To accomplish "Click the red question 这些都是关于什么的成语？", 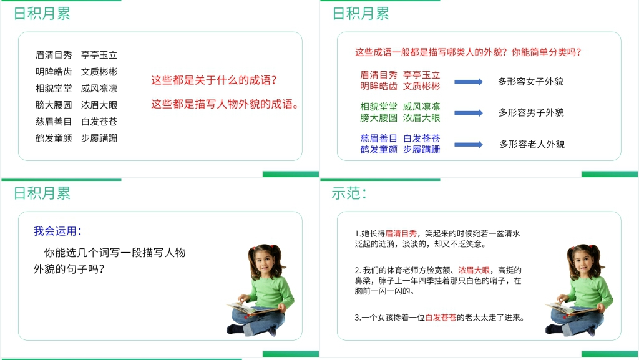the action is [214, 80].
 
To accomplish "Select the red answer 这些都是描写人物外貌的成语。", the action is [225, 104].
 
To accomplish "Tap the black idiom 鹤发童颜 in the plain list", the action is [54, 139].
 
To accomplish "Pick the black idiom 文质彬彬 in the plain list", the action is [99, 72].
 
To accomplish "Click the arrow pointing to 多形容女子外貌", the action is [469, 82].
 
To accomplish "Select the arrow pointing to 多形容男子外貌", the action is [469, 113].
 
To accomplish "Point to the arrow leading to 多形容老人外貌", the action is [469, 145].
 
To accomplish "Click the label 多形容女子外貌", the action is [530, 82].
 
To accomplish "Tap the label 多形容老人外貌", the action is [532, 144].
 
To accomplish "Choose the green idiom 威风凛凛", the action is [421, 107].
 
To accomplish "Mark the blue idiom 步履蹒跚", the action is [421, 150].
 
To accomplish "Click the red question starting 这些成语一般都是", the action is [468, 52].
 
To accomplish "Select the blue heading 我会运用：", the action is [57, 231].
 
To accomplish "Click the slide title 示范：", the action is [349, 193].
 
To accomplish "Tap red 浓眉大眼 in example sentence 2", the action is [474, 270].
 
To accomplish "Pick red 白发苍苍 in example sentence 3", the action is [441, 318].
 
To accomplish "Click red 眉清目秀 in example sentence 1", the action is [401, 234].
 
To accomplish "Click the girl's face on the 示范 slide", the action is [583, 262].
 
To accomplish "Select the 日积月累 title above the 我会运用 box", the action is [42, 193].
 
